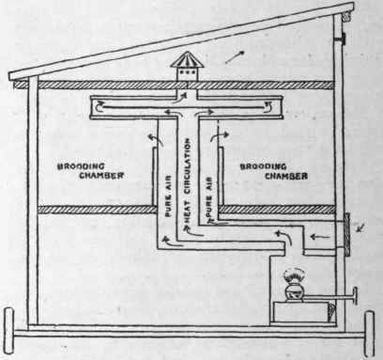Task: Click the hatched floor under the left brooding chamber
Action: coord(89,210)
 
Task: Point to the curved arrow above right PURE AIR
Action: coord(218,136)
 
